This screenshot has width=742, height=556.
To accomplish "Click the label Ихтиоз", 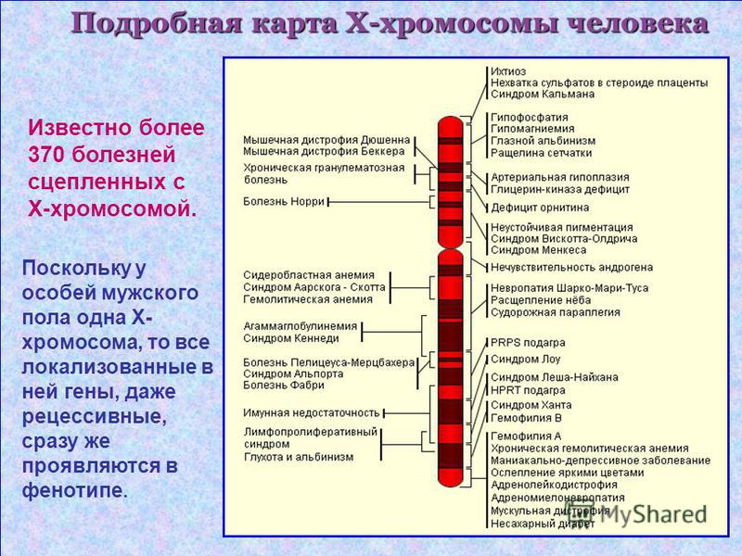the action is tap(508, 71).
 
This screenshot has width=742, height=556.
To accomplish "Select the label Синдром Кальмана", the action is tap(543, 95).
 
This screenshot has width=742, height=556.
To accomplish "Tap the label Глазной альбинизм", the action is tap(543, 141).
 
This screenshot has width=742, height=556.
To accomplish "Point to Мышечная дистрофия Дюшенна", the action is tap(326, 140).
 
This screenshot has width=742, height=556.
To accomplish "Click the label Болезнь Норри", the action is tap(284, 201).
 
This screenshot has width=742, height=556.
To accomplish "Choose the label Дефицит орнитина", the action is tap(540, 208).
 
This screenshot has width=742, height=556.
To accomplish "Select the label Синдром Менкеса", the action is tap(539, 250).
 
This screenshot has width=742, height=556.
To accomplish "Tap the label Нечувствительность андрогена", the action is tap(571, 268).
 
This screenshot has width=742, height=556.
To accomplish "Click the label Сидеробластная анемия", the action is tap(309, 275).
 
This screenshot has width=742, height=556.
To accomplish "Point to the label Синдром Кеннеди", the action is tap(291, 338).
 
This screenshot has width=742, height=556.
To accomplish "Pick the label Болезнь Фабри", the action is tap(284, 385).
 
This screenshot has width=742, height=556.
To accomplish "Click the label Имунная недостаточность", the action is tap(312, 412).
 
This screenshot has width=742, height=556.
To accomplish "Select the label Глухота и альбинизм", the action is tap(299, 457).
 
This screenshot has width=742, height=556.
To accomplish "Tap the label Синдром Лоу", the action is tap(525, 360).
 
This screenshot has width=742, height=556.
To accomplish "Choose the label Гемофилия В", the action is tap(526, 418).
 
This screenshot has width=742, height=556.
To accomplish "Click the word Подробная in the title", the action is tap(156, 24).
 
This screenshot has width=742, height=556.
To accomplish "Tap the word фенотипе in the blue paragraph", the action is tap(75, 490).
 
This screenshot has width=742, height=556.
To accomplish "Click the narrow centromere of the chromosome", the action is tap(450, 246).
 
